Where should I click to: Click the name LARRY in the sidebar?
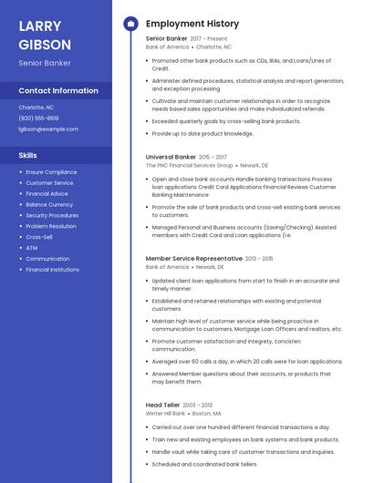(40, 26)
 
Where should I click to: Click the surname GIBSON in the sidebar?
(45, 44)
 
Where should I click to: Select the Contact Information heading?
(58, 91)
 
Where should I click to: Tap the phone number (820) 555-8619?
(38, 118)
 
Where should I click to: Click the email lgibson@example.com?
(48, 129)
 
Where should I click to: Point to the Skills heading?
(27, 156)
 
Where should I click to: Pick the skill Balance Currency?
(49, 205)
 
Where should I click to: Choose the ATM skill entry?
(32, 248)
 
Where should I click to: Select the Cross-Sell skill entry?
(39, 237)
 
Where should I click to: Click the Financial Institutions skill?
(52, 270)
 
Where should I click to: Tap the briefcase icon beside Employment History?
(130, 24)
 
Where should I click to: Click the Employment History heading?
(192, 24)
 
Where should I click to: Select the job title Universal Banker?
(171, 157)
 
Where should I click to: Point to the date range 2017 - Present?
(209, 39)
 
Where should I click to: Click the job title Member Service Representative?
(194, 259)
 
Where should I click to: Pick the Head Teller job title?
(162, 405)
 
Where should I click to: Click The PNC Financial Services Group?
(189, 166)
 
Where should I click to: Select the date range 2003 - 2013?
(197, 405)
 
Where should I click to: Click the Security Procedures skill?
(52, 216)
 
